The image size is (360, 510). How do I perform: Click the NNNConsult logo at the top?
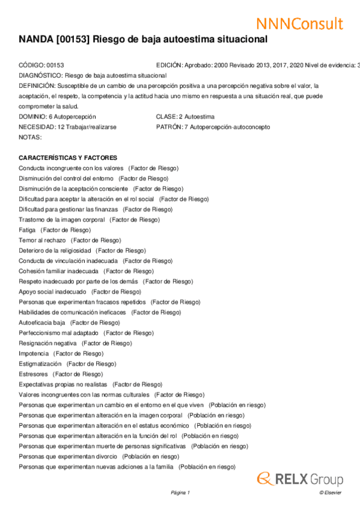click(x=299, y=23)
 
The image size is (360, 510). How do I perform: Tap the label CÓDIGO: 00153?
click(x=41, y=65)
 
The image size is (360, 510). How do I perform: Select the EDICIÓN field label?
click(x=169, y=65)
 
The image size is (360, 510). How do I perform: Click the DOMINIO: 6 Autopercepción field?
click(x=57, y=117)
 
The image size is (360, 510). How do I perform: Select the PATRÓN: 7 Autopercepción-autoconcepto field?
click(x=213, y=127)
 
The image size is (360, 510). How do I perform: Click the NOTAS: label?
click(x=30, y=137)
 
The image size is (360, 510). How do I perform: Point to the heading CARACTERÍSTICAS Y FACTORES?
click(x=68, y=158)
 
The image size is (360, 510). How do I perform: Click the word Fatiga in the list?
click(x=27, y=230)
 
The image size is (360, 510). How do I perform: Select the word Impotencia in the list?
click(x=34, y=354)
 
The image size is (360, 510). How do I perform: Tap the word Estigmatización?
click(x=40, y=364)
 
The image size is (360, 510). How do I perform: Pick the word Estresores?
click(x=33, y=374)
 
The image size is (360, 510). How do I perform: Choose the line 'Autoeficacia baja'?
click(x=41, y=322)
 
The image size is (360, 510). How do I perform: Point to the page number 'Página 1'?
click(x=180, y=493)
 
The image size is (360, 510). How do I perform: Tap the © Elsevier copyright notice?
click(x=330, y=493)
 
